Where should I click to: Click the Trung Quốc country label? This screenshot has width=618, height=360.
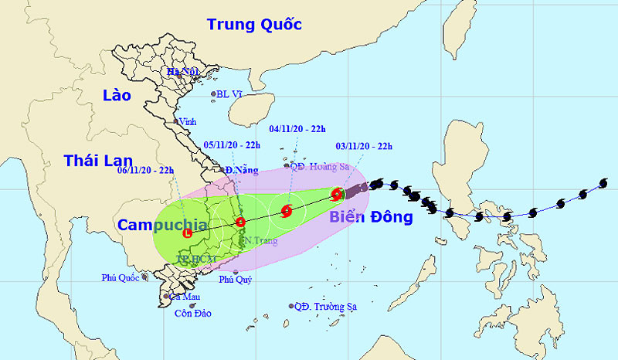253,25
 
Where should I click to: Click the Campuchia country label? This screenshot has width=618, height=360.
162,225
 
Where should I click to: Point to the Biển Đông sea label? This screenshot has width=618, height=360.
371,217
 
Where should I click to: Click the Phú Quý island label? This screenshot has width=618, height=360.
236,280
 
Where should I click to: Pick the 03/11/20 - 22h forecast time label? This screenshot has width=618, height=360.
364,145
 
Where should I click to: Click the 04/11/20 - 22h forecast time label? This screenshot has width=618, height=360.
297,130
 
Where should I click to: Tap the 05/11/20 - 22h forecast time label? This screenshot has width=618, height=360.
231,144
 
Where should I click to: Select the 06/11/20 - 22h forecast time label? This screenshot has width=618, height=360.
145,170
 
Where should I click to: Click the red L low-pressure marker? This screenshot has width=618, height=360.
187,233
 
